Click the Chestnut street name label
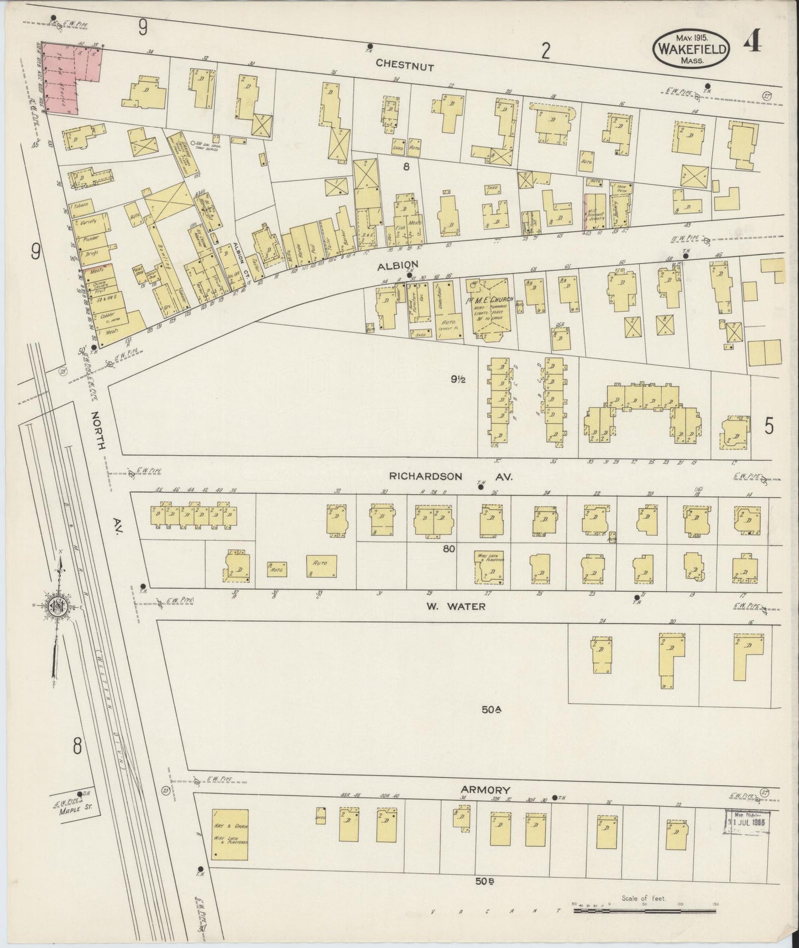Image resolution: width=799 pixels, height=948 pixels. (x=404, y=65)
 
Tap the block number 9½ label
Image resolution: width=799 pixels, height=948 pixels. (x=459, y=379)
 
